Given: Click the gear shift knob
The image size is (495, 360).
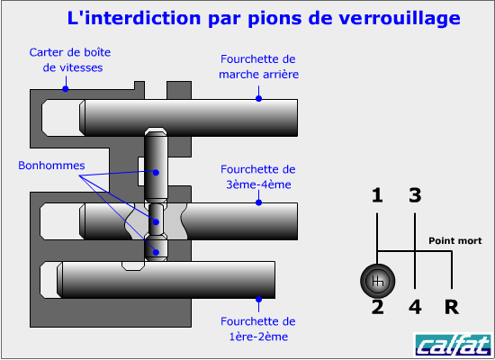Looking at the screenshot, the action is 378,281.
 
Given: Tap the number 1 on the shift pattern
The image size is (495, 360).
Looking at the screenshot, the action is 377,195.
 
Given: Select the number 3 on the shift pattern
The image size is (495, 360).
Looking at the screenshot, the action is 415,195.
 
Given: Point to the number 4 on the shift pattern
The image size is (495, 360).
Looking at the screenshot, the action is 415,307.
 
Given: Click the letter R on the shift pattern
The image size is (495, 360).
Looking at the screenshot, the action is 452,307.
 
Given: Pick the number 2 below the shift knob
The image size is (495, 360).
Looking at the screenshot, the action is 378,307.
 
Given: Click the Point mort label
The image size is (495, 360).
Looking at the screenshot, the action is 454,241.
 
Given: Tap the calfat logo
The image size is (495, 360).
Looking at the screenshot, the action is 453,345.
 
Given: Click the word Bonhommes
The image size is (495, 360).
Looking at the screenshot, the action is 51,166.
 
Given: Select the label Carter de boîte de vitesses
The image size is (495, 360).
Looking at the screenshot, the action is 70,60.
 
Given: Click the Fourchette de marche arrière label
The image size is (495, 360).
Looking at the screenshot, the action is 258,67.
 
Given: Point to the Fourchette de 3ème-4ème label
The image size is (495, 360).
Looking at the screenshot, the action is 258,176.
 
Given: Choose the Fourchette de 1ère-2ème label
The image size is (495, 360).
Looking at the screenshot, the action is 258,328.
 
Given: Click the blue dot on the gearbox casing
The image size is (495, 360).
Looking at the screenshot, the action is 66,89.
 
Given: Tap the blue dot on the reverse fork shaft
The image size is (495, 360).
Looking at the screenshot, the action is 259,98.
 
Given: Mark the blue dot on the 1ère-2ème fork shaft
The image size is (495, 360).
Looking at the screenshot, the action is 259,299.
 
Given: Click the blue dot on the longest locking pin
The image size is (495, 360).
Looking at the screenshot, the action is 156,173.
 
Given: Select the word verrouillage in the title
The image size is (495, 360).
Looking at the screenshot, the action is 400,18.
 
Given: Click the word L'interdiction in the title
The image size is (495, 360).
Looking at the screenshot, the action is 134,18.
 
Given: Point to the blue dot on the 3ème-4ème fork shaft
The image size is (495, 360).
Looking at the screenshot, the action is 259,202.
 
